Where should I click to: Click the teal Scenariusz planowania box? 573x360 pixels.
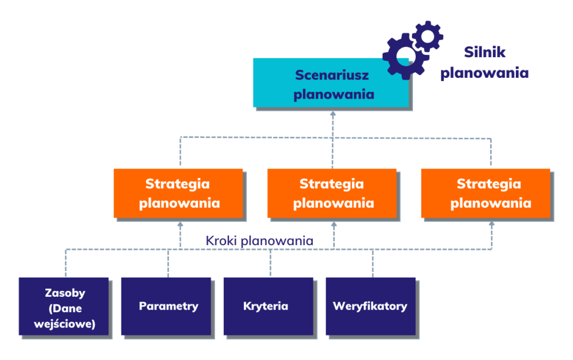coord(331,82)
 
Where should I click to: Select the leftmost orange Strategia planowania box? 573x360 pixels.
coord(179,193)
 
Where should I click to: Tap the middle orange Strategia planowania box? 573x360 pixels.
coord(332,193)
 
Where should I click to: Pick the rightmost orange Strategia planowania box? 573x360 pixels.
coord(486,193)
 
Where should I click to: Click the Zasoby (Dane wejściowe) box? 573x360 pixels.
coord(64,306)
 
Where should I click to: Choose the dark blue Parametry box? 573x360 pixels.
coord(166,306)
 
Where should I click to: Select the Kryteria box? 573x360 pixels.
coord(268,306)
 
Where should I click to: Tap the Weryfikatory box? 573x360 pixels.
coord(370,306)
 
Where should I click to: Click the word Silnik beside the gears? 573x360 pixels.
coord(485,53)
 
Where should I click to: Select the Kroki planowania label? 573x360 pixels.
coord(259,241)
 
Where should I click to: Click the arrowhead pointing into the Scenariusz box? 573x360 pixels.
coord(333,113)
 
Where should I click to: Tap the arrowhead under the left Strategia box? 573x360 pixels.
coord(180,223)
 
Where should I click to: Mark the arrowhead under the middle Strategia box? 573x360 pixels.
coord(334,223)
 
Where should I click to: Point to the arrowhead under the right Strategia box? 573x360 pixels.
coord(492,223)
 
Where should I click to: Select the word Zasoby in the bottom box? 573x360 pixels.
coord(65,293)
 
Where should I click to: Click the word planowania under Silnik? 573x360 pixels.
coord(485,73)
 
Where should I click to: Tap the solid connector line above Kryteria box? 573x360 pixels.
coord(271,263)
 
